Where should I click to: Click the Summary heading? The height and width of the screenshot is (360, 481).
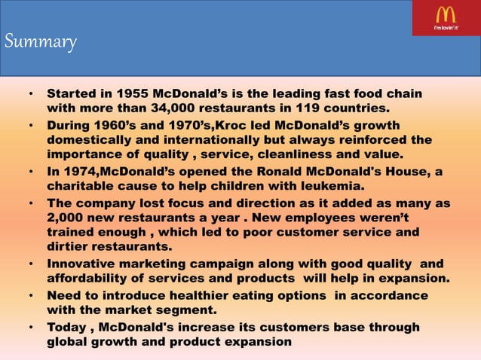point(41,42)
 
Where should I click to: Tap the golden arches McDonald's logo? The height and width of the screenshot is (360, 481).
point(445,14)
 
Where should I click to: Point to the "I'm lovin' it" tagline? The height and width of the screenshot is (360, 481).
point(445,28)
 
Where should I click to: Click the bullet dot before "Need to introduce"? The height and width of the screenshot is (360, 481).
point(30,296)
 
